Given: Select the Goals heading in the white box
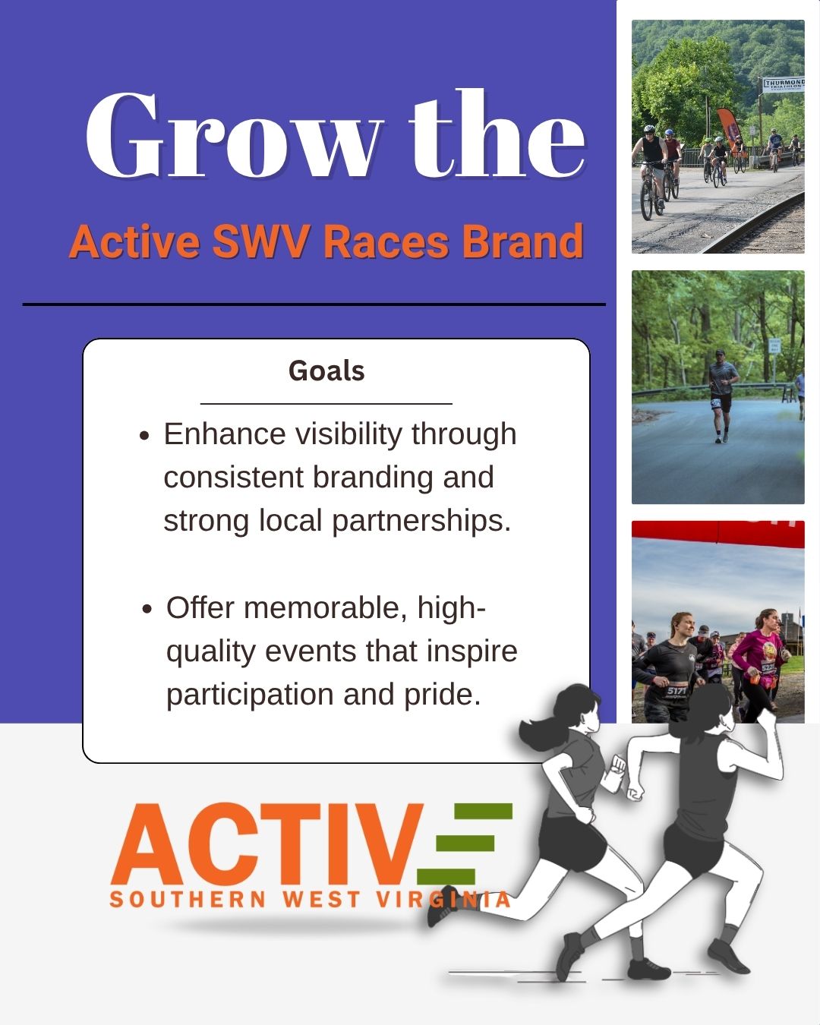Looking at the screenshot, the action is coord(326,371).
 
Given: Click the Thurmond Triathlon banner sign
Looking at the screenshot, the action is coord(784,84).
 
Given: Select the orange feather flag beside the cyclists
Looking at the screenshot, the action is coord(727,128).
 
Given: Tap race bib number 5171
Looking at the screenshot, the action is coord(676,691).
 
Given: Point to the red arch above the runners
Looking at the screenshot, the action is coord(718,533).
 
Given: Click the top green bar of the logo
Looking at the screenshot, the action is coord(483,812).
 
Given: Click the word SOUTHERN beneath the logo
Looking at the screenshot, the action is coord(188,900).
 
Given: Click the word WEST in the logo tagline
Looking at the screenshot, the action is coord(322,900).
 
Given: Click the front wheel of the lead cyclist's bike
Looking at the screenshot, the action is coord(647,200).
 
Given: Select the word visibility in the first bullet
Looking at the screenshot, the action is coord(348,435).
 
